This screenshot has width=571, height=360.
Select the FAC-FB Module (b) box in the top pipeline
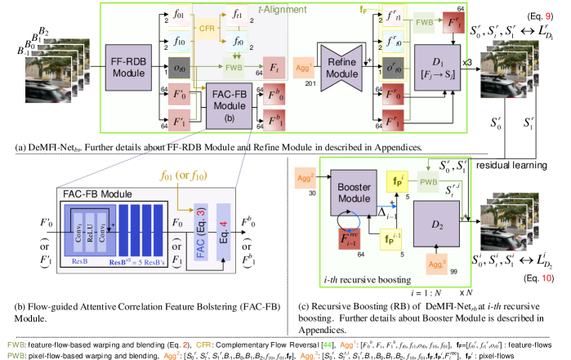229,107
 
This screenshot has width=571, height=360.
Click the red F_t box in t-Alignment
272,68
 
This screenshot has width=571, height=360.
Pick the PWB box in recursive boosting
429,184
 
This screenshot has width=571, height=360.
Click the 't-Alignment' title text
282,10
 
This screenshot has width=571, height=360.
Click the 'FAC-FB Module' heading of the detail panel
96,194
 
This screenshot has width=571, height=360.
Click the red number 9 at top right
547,16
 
